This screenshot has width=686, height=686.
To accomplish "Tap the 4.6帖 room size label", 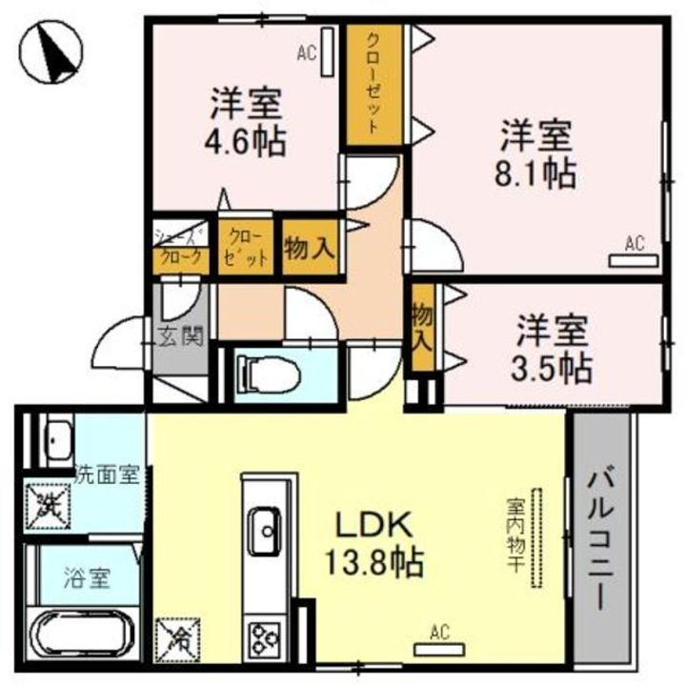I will click(245, 140).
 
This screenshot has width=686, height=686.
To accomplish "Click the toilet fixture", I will click(267, 374).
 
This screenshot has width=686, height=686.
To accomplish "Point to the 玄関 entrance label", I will click(179, 336).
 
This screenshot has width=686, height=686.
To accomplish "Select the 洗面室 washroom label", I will click(108, 474).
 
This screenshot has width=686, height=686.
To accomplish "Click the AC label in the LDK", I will click(439, 631).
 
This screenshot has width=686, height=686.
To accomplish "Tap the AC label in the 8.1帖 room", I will click(635, 244).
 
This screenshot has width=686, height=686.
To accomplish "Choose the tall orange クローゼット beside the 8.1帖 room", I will click(371, 84).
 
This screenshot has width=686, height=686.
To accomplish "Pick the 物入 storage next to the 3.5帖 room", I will click(420, 329).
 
